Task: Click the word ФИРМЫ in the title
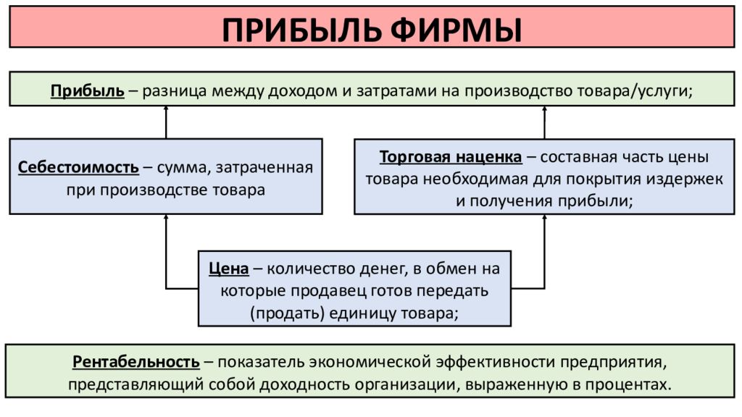457,30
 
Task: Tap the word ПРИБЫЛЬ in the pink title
301,30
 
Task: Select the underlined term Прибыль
88,90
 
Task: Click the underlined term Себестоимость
78,167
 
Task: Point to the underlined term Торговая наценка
451,157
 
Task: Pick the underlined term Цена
228,269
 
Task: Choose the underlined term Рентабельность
136,362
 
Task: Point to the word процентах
628,384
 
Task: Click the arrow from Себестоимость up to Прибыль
166,122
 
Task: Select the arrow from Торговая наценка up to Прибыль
545,122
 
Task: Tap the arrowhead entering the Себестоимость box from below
166,217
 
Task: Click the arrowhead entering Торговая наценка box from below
545,217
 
